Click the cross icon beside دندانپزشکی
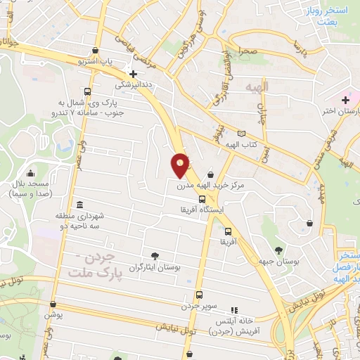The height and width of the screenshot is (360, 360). [x=133, y=73]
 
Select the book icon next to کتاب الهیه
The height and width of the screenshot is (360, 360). [x=243, y=134]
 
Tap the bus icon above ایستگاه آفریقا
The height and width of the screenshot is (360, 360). [x=202, y=200]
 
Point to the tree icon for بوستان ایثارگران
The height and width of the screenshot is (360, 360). [x=155, y=256]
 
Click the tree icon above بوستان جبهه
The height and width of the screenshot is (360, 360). [x=279, y=250]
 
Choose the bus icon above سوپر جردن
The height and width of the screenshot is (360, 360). [x=199, y=295]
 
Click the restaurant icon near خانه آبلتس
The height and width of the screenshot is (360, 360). [x=234, y=309]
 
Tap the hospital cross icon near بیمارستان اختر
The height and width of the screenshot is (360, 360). [x=345, y=100]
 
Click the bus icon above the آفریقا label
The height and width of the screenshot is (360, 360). [x=227, y=231]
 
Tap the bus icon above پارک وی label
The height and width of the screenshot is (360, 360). [x=86, y=91]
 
